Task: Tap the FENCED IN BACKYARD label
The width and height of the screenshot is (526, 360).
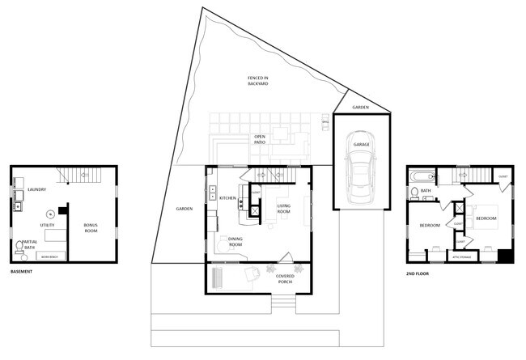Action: point(258,81)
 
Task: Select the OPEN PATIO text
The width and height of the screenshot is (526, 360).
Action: point(259,139)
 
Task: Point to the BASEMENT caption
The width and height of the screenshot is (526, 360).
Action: point(21,271)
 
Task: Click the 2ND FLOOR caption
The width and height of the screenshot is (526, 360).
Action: point(417,273)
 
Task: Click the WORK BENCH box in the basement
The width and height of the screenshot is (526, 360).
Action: point(49,256)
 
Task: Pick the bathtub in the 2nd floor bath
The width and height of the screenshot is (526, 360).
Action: point(420,176)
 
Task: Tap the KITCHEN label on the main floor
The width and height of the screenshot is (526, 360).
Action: point(227,198)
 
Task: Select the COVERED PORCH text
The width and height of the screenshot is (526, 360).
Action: point(285,279)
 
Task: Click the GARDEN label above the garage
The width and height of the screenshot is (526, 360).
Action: point(361,107)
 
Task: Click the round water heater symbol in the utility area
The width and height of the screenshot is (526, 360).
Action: point(49,214)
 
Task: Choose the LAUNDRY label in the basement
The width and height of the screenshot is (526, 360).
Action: point(36,190)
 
